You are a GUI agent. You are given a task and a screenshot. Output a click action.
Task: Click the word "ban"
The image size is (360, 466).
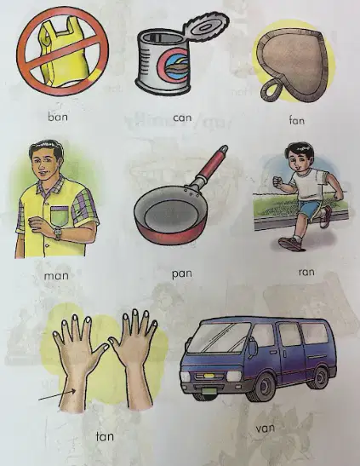[58, 117]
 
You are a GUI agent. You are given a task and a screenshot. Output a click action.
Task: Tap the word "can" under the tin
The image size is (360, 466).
[182, 118]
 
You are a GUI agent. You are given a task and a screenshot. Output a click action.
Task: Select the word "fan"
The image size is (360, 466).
[297, 120]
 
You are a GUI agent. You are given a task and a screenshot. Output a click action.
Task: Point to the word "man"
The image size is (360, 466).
[56, 276]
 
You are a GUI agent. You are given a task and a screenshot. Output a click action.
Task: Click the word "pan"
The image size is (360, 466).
[181, 274]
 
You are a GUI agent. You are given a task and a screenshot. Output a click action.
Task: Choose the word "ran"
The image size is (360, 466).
[306, 272]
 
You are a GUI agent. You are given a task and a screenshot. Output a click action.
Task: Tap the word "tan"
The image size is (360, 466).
[105, 436]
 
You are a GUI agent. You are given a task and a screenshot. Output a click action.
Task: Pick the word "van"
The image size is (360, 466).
[265, 429]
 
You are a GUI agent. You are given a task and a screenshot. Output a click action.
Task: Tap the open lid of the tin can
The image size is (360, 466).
[206, 27]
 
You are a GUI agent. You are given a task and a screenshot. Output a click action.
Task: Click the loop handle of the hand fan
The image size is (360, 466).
[271, 90]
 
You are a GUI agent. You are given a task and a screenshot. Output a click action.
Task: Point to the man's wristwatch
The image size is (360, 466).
[57, 233]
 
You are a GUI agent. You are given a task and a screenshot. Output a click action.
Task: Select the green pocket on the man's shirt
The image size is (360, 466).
[60, 216]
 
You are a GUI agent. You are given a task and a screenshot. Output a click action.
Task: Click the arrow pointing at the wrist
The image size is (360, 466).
[57, 395]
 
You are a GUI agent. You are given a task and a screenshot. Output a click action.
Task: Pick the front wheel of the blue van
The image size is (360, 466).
[259, 388]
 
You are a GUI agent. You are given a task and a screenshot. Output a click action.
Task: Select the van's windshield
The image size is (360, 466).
[220, 337]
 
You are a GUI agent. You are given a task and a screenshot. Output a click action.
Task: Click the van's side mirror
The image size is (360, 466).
[253, 348]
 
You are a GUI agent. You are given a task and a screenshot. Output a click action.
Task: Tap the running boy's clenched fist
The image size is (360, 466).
[277, 181]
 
